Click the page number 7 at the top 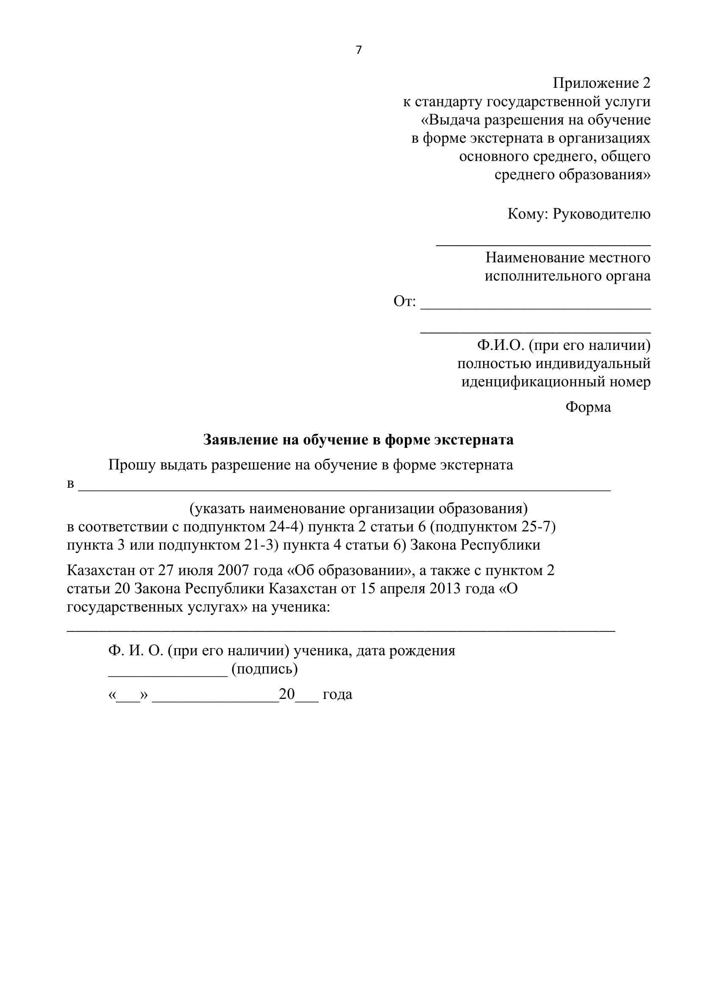click(358, 50)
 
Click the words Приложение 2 click(601, 83)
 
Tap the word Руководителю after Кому click(601, 214)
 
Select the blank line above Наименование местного click(543, 245)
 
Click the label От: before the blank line click(404, 301)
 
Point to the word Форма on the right click(588, 407)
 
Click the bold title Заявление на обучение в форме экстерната click(358, 439)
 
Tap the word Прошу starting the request click(132, 465)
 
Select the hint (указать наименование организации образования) click(358, 509)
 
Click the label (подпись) click(264, 669)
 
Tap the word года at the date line click(337, 694)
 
